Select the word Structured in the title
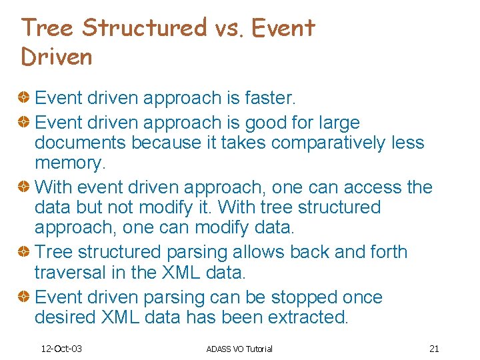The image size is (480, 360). pos(145,28)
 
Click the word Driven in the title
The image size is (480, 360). pos(57,57)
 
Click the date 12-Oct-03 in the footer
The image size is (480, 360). pos(61,349)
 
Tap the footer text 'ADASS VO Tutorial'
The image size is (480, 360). pos(239,349)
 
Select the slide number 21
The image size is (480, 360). pos(434,349)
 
